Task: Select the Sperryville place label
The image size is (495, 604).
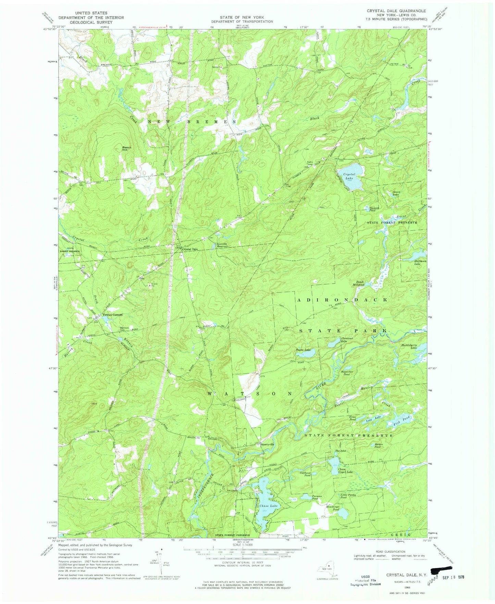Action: pos(268,445)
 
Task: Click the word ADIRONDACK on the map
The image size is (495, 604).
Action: pos(342,299)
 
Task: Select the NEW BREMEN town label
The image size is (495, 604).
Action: pos(192,121)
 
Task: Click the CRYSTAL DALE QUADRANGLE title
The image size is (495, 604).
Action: pos(396,11)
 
